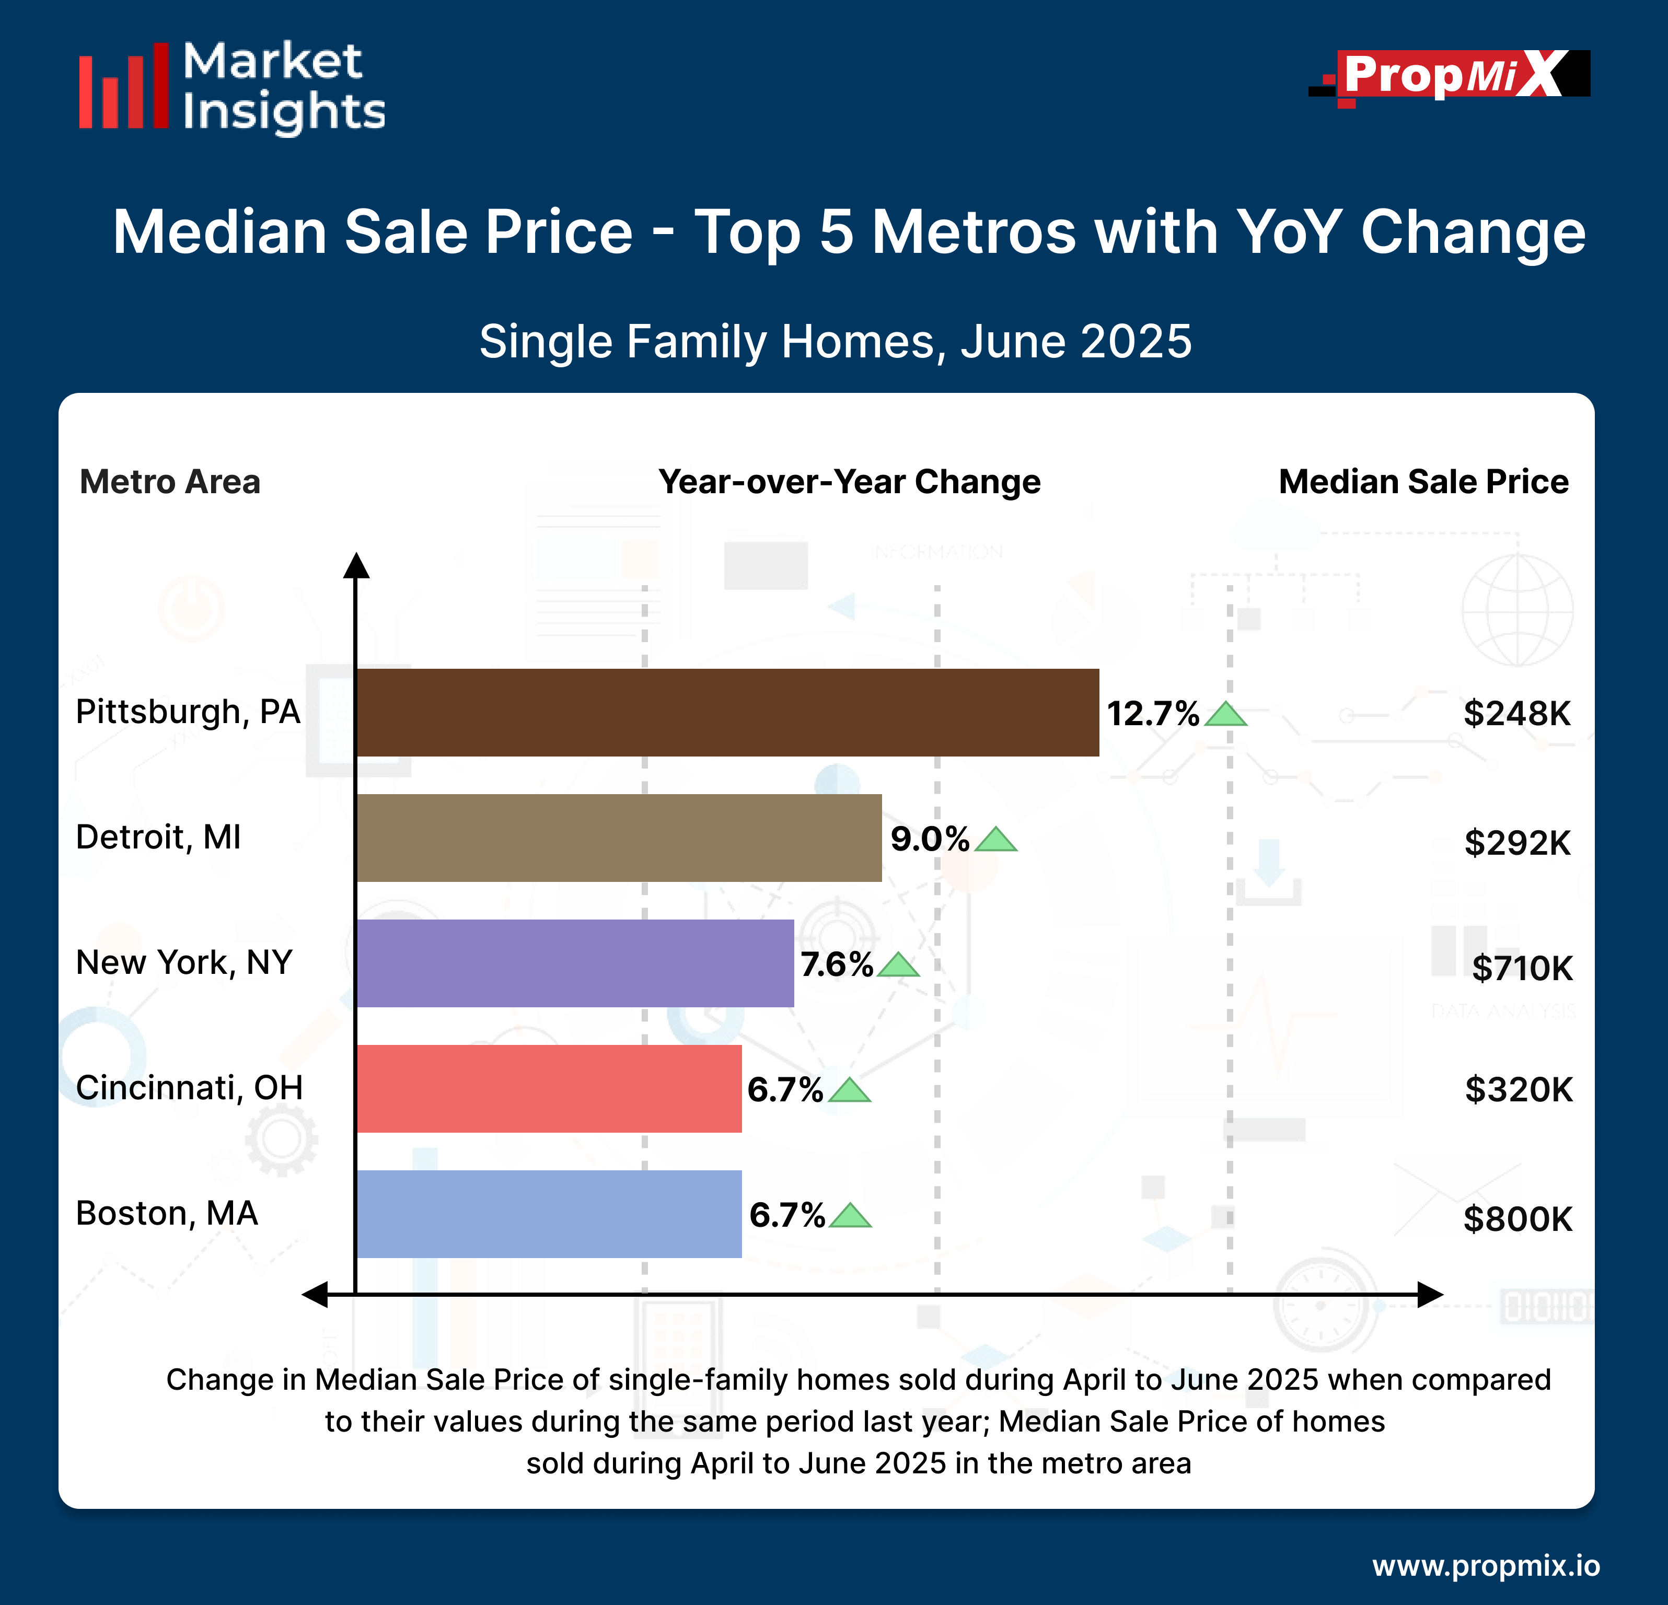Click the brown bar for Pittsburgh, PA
tap(727, 712)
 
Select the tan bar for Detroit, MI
tap(619, 838)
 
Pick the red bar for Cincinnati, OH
tap(549, 1088)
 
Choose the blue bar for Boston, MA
tap(549, 1214)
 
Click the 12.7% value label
tap(1152, 713)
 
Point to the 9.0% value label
tap(929, 839)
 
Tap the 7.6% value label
tap(837, 964)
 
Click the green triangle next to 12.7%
tap(1226, 715)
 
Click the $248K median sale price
tap(1516, 713)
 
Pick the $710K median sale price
tap(1522, 968)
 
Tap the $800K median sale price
tap(1518, 1219)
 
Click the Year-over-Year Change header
tap(849, 482)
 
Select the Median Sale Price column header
tap(1423, 482)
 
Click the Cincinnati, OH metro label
tap(189, 1088)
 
